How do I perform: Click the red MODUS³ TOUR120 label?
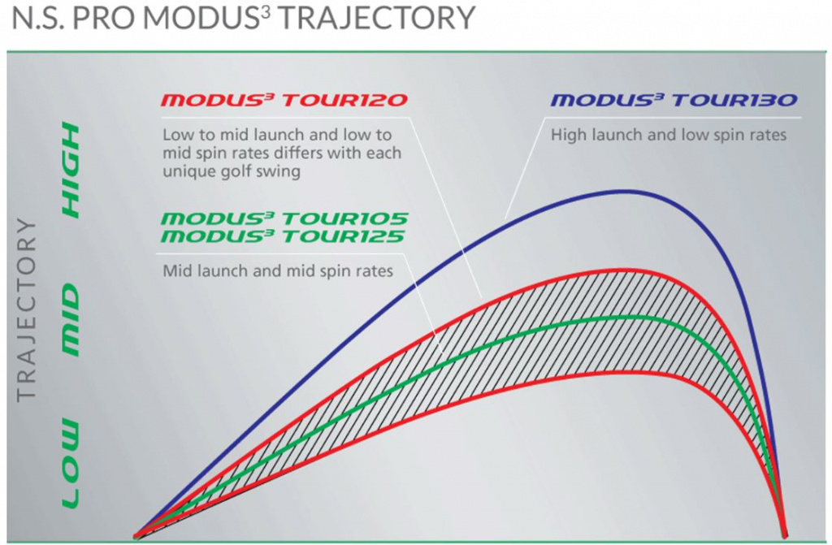click(284, 102)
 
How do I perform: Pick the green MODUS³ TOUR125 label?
click(284, 237)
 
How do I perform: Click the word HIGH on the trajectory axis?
click(71, 170)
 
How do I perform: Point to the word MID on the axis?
click(71, 319)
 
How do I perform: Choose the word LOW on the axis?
click(71, 464)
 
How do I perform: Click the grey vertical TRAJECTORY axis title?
click(28, 309)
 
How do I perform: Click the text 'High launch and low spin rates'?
click(669, 135)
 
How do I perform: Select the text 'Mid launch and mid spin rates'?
click(278, 270)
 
